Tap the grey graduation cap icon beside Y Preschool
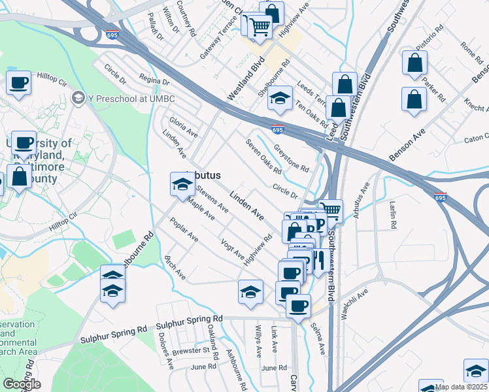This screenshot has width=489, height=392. [x=78, y=98]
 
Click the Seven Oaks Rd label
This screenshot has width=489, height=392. [x=263, y=157]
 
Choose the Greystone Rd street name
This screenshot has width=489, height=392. [x=291, y=157]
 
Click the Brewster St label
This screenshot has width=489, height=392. [x=192, y=350]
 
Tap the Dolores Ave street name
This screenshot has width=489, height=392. [x=165, y=350]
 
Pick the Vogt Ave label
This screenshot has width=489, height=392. [x=233, y=248]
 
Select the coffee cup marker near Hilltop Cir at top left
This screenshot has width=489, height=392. [x=18, y=82]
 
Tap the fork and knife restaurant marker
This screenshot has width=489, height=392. [x=318, y=260]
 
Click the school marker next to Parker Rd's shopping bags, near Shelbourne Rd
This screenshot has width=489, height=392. [x=280, y=98]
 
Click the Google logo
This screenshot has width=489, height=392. [x=22, y=384]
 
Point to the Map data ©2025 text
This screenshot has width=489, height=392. [x=462, y=387]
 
